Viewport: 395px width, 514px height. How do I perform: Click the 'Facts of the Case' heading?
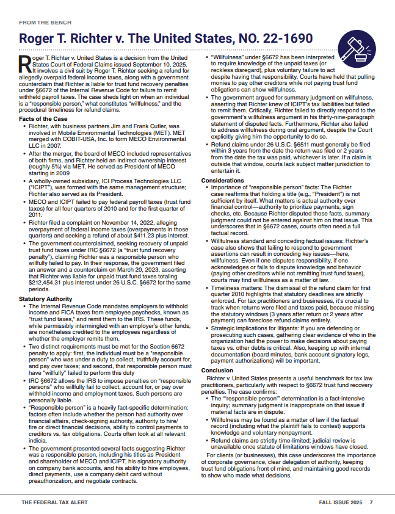click(43, 118)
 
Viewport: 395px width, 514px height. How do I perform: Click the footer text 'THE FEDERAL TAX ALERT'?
click(54, 502)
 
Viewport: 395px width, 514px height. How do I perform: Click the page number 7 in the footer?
click(371, 502)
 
